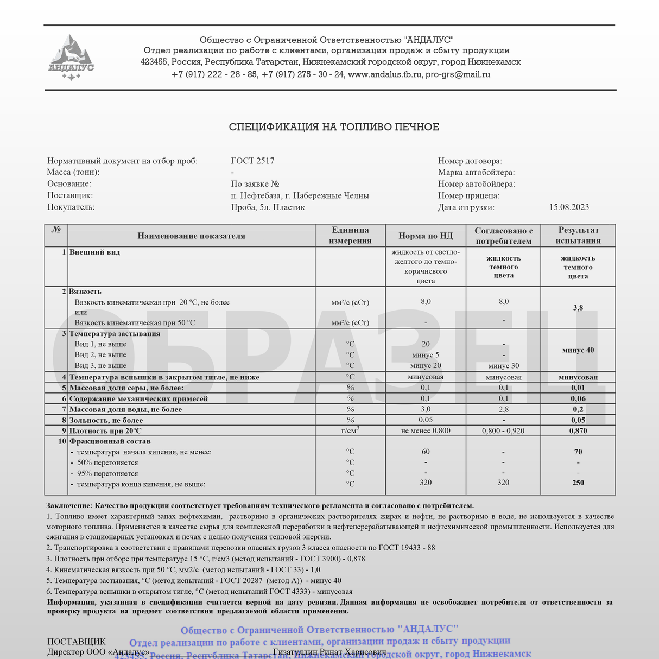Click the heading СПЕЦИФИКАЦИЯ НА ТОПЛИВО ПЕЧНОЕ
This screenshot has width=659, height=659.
point(334,127)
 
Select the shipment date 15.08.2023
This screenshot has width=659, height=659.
point(569,207)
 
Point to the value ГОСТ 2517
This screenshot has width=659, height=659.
point(252,161)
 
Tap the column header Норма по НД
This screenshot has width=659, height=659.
point(426,236)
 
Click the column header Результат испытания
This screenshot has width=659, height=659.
point(578,236)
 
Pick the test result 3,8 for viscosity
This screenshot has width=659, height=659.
point(578,308)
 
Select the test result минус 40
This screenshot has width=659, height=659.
point(578,350)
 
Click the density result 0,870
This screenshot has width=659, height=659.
point(578,431)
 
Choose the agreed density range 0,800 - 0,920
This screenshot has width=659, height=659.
point(503,431)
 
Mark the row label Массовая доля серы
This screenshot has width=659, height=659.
point(126,388)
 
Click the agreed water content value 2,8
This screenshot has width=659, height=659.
point(503,409)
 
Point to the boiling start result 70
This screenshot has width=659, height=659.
point(578,452)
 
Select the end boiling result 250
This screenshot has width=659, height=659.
point(578,483)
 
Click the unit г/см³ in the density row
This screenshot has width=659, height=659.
point(350,430)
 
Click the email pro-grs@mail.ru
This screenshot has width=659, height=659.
point(458,75)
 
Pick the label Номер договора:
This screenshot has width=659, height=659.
point(470,161)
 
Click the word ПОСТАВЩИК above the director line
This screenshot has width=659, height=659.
point(77,642)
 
